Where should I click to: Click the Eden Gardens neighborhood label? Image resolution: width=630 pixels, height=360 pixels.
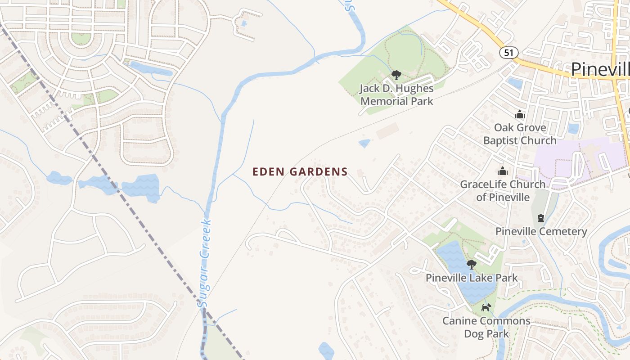tap(300, 171)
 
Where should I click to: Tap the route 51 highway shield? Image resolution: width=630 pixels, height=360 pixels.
tap(508, 53)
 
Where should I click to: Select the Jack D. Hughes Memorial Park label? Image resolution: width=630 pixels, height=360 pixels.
tap(396, 94)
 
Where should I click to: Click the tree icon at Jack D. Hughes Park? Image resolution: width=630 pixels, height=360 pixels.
tap(396, 75)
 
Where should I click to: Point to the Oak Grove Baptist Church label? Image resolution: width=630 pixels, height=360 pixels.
tap(520, 134)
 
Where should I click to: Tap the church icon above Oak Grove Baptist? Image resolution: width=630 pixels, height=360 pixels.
tap(520, 114)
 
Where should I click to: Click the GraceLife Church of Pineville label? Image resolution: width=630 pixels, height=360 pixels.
tap(503, 190)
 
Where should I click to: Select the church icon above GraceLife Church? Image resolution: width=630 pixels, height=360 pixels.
tap(502, 171)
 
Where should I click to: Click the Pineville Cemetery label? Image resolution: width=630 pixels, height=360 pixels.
tap(541, 231)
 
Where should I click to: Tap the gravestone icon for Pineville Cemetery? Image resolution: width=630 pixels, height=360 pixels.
tap(540, 218)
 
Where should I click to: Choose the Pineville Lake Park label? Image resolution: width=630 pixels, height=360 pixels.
tap(472, 278)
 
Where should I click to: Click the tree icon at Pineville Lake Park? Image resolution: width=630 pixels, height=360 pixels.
tap(472, 264)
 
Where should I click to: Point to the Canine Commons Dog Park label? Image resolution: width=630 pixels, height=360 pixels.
tap(486, 327)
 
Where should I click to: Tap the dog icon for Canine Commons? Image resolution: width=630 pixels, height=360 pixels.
tap(486, 307)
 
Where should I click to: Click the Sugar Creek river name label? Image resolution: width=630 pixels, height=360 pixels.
tap(205, 263)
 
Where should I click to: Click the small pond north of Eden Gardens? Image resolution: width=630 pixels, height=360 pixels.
tap(364, 144)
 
